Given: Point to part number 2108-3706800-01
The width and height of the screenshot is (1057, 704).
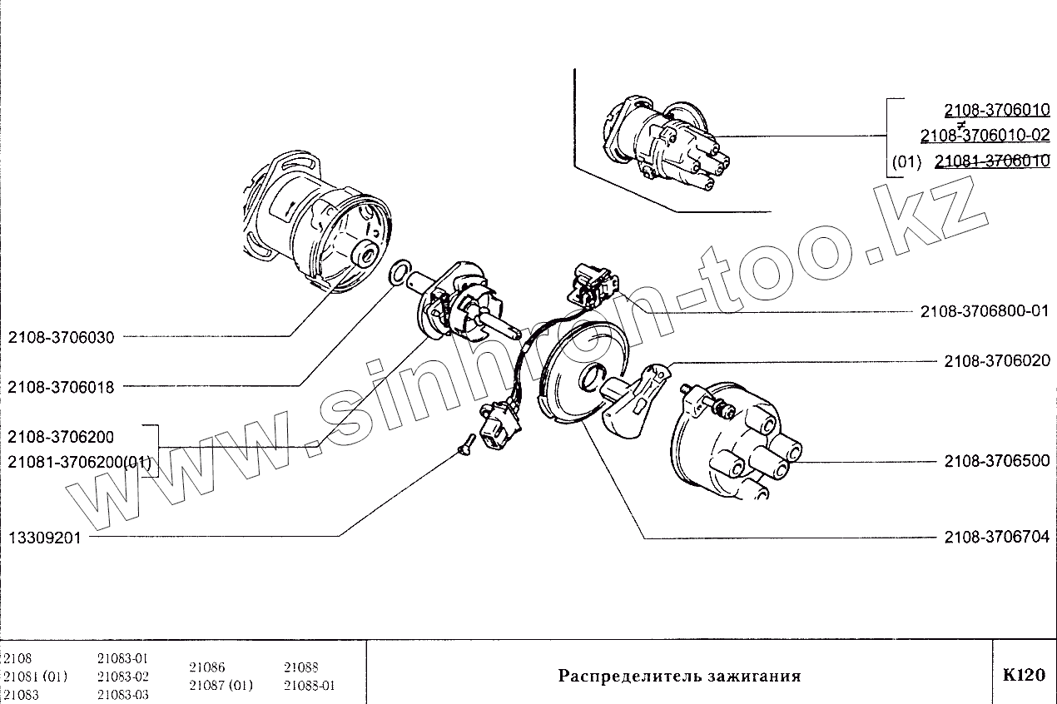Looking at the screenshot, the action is [985, 312].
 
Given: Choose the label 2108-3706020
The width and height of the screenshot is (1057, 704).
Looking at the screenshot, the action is [997, 361].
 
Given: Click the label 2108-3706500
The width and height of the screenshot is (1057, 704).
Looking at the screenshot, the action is [997, 461].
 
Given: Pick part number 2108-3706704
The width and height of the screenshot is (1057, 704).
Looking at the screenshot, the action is [997, 538].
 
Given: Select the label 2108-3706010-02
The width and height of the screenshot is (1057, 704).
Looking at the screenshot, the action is [985, 136].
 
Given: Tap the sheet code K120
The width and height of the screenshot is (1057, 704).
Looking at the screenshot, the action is [1023, 675].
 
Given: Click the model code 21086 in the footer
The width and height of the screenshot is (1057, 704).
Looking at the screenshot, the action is [207, 667].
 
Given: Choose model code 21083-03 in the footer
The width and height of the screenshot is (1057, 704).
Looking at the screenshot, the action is [122, 694].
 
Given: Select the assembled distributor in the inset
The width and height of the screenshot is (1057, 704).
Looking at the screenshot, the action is [661, 144].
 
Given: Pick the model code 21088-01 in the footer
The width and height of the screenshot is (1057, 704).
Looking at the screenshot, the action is [309, 686].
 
